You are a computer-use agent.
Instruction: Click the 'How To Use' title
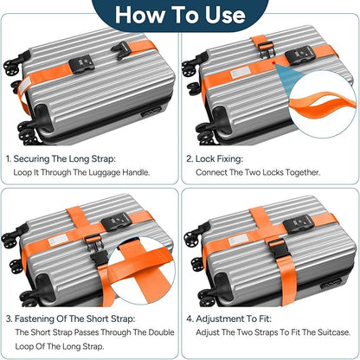click(x=180, y=15)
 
